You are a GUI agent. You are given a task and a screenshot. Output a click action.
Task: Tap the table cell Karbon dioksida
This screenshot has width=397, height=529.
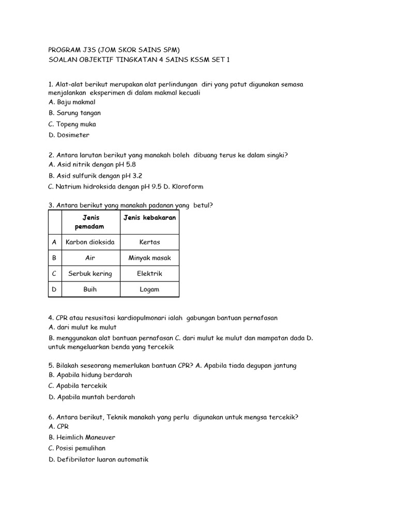pos(90,242)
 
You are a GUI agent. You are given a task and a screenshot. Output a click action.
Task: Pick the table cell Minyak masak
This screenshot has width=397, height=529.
pos(149,258)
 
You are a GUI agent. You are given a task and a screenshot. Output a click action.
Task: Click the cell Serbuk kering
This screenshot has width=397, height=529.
pos(90,273)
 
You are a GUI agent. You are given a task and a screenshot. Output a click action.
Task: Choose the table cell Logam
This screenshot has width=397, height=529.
pos(149,289)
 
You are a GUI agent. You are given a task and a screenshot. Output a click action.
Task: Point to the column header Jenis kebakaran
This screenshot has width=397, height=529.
pos(149,217)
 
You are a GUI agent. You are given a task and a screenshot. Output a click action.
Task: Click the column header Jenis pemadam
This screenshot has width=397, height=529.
pos(90,222)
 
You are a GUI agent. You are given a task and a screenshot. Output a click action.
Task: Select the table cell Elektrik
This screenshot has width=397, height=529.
pos(149,273)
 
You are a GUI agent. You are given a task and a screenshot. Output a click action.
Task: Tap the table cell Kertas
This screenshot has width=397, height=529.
pos(149,242)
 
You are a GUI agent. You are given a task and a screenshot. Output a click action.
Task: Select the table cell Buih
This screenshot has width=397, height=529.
pos(90,289)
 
